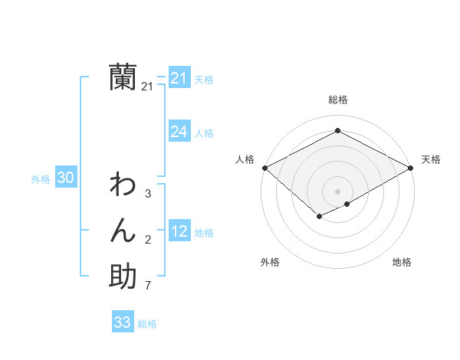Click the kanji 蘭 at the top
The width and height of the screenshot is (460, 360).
click(123, 77)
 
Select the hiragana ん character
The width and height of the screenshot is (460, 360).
click(123, 231)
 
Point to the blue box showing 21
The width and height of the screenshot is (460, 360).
click(179, 78)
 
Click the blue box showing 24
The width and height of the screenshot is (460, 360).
click(179, 132)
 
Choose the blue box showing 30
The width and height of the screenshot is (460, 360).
click(65, 178)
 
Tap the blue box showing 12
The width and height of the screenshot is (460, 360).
click(179, 231)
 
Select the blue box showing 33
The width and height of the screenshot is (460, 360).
click(122, 322)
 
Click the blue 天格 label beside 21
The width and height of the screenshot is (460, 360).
click(204, 79)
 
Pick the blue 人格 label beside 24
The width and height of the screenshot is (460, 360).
click(204, 133)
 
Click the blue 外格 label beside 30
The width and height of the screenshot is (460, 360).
click(41, 179)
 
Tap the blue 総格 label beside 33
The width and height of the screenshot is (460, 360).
click(147, 323)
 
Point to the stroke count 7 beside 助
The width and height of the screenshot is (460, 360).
click(147, 286)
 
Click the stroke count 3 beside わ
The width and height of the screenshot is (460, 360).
click(147, 194)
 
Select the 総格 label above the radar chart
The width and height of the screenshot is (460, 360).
click(337, 100)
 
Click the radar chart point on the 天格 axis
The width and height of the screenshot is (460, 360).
click(411, 168)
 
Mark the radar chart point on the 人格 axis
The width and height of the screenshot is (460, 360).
click(264, 168)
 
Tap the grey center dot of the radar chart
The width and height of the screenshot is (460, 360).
click(337, 191)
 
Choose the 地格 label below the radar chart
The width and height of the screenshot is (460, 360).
click(402, 262)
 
